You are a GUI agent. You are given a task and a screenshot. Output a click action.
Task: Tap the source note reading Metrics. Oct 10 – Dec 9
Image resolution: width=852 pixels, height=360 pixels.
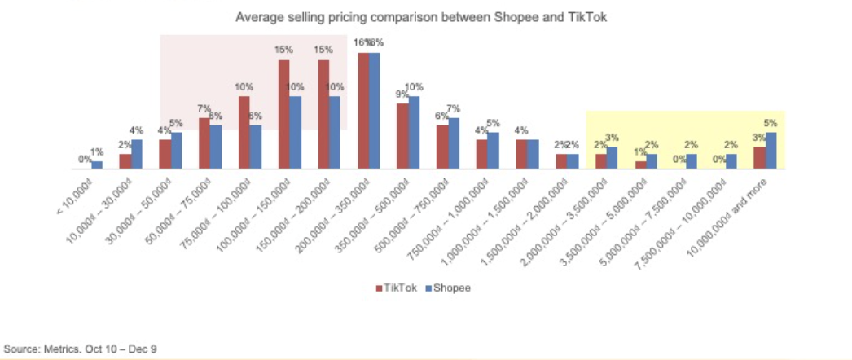(81, 349)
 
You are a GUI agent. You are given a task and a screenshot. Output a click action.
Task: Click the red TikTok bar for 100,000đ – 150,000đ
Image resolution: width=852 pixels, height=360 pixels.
(283, 114)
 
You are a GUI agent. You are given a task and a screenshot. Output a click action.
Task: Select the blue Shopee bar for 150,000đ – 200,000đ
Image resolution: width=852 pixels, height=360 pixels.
(336, 133)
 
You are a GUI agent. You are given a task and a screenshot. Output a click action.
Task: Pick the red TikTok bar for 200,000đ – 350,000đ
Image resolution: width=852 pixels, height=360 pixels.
(363, 111)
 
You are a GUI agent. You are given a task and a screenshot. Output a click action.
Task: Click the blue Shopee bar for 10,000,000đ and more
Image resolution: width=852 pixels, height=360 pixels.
(771, 151)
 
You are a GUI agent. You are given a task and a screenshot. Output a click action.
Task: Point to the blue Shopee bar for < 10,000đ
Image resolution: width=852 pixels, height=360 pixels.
(97, 165)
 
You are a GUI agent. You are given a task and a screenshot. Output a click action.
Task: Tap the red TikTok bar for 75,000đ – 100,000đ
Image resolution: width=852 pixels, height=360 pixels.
(244, 133)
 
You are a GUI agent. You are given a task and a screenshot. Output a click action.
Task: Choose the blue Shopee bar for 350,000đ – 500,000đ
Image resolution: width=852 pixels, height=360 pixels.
(415, 133)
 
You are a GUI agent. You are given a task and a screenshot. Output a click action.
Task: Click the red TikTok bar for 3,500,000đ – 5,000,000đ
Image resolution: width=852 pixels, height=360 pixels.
(640, 165)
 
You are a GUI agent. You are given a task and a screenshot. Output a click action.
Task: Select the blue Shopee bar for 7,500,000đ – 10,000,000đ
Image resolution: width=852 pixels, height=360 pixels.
(731, 161)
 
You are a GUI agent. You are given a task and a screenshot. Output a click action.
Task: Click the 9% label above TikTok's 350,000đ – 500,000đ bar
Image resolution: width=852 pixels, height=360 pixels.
(402, 94)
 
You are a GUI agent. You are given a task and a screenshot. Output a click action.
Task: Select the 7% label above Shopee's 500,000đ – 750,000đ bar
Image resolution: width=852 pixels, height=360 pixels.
(454, 108)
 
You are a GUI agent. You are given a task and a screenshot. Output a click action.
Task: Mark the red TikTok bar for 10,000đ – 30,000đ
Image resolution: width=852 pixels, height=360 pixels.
(125, 161)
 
